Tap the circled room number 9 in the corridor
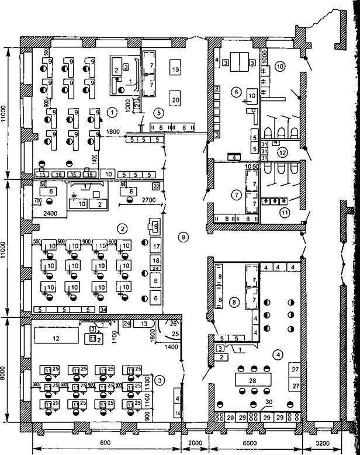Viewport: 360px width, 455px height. [183, 237]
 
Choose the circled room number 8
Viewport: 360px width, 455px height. [234, 302]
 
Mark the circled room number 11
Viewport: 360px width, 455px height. [285, 213]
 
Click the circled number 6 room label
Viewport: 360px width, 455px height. [236, 92]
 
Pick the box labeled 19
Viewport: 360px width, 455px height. [175, 69]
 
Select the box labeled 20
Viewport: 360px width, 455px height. [175, 100]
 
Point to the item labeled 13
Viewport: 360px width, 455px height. [144, 323]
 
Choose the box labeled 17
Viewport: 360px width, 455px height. [155, 245]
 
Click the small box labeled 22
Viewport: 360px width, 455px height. [155, 186]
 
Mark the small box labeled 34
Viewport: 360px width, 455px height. [103, 309]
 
